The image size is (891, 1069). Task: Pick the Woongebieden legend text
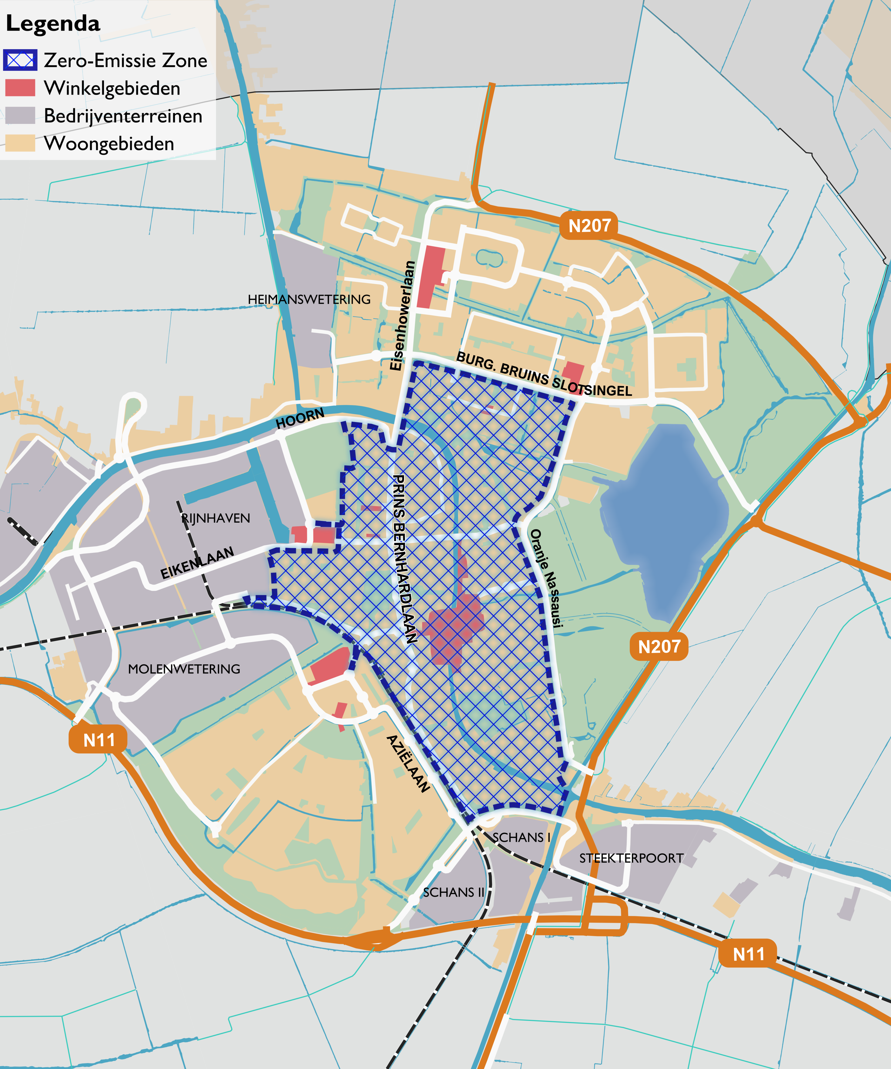tap(109, 144)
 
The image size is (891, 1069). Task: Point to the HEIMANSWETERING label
tap(309, 299)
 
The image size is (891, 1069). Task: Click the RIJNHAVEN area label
tap(216, 518)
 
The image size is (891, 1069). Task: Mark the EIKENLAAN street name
tap(197, 562)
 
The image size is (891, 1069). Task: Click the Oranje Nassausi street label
tap(546, 578)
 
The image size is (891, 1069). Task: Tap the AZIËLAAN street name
tap(408, 764)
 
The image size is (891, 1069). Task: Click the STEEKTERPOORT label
tap(631, 858)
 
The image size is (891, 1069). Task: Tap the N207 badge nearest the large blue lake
tap(659, 646)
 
